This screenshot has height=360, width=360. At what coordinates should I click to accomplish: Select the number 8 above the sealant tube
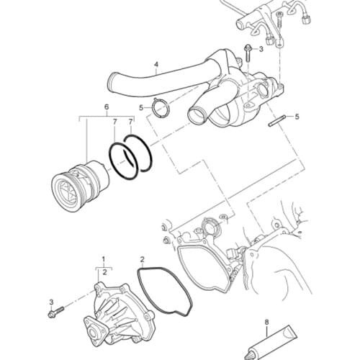pos(266,323)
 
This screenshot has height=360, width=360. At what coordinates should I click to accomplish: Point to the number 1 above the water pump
pos(104,258)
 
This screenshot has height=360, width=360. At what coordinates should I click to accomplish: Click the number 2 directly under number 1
pos(104,271)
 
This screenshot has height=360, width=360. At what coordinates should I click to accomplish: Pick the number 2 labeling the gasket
pos(143,258)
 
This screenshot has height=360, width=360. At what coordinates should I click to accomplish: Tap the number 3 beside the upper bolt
pos(261,50)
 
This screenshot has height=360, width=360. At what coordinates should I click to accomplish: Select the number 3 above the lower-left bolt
pos(51,300)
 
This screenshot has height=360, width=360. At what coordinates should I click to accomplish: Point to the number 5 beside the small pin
pos(297,116)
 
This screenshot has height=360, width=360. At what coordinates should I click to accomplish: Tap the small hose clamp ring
pos(160,108)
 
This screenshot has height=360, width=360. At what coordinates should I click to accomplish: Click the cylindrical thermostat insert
pos(76,184)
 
